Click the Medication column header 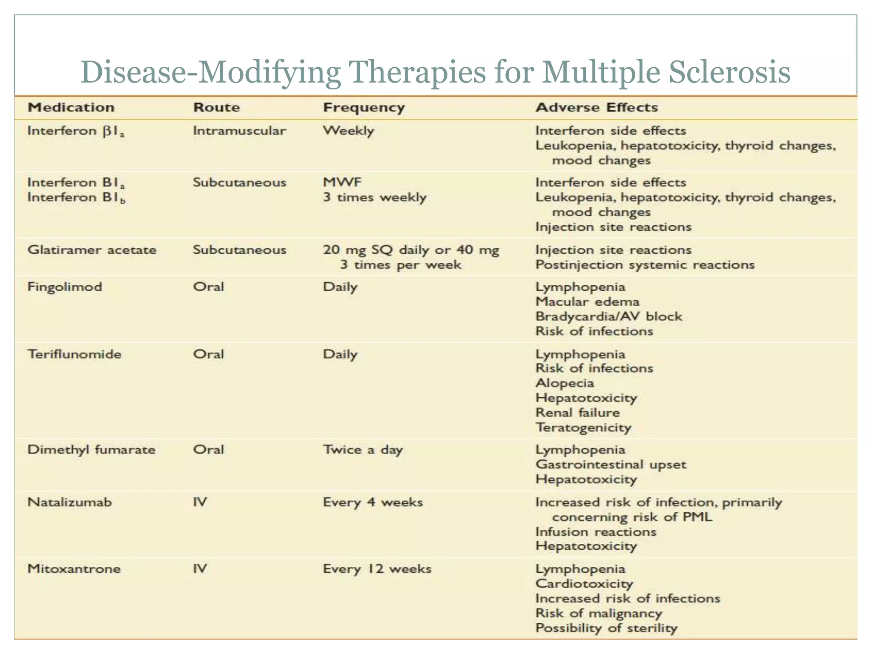click(71, 107)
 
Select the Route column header click(216, 107)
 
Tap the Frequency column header click(364, 107)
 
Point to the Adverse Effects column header click(597, 107)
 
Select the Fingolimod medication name click(65, 287)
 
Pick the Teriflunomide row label click(75, 354)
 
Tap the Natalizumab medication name click(69, 502)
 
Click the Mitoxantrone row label click(74, 568)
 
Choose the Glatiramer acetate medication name click(92, 250)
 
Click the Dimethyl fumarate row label click(92, 450)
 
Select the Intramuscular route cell click(239, 130)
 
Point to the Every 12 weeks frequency click(377, 569)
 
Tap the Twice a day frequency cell click(363, 450)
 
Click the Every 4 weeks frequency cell click(373, 502)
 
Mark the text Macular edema click(587, 301)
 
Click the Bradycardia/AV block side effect click(608, 316)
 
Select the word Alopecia click(565, 383)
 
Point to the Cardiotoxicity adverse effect click(584, 583)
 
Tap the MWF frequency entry click(342, 182)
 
